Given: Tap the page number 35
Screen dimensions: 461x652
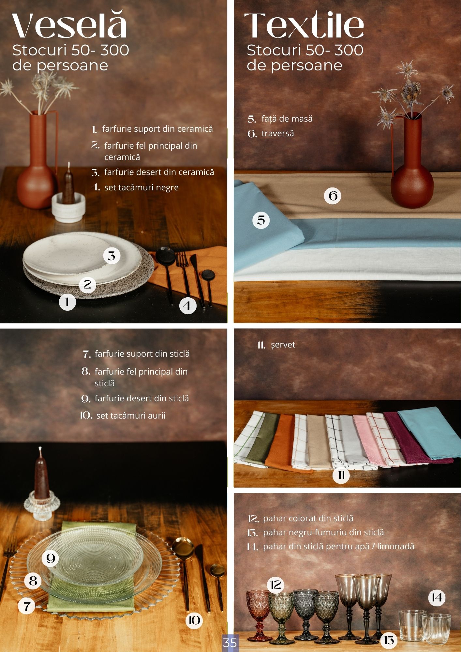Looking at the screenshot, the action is (x=230, y=643).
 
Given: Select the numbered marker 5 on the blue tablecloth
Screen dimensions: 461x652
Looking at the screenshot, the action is (x=261, y=220).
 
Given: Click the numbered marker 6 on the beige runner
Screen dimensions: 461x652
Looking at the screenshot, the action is (x=333, y=196).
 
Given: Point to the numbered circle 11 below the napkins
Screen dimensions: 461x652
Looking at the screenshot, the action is (x=341, y=475).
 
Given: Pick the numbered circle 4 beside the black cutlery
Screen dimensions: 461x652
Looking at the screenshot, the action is (x=188, y=306).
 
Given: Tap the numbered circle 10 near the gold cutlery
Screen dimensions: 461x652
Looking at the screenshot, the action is (x=194, y=620).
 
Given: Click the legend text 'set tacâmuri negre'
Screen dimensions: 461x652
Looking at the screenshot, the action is (x=141, y=187).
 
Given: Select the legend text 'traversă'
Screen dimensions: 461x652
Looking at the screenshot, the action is (x=278, y=133).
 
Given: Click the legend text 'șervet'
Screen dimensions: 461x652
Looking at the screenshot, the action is (x=283, y=345).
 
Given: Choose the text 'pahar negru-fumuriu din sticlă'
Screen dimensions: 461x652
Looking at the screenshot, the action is (x=323, y=532).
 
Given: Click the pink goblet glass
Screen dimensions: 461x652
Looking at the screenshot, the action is (x=258, y=615).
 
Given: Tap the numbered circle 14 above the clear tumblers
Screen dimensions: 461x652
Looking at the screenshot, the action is (x=437, y=598).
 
